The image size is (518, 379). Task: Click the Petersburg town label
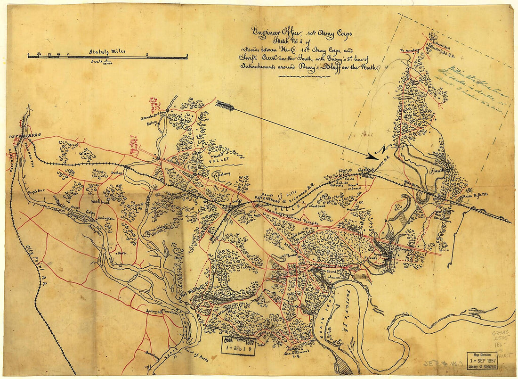pos(24,136)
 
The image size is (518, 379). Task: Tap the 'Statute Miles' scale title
pos(108,52)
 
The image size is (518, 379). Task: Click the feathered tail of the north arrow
pos(225,106)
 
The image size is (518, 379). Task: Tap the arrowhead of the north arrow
pos(375,156)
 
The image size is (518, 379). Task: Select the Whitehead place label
pos(100,201)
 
